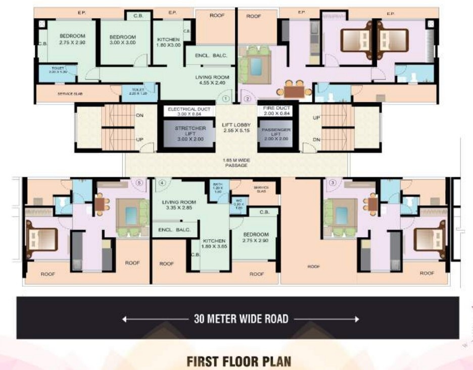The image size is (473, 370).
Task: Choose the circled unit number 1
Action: pyautogui.click(x=226, y=99)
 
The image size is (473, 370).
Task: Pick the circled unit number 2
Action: pyautogui.click(x=248, y=99)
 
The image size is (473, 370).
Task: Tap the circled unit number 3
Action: pyautogui.click(x=332, y=183)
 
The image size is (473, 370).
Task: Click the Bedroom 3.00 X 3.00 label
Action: pyautogui.click(x=123, y=40)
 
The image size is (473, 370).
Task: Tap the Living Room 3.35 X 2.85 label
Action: pyautogui.click(x=178, y=205)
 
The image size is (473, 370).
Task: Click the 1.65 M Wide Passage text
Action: pyautogui.click(x=236, y=163)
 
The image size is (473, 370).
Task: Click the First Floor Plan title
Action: pyautogui.click(x=239, y=362)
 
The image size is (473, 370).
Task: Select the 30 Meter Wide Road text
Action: pyautogui.click(x=241, y=319)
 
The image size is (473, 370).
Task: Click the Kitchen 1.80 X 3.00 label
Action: pyautogui.click(x=169, y=42)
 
